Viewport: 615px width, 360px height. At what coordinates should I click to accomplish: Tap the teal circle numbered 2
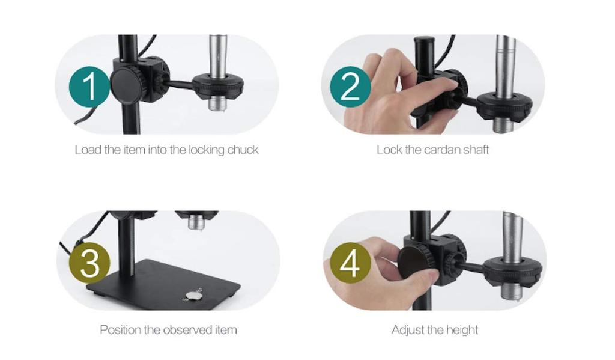(x=350, y=87)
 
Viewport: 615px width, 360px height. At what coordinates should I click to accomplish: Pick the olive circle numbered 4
(x=350, y=263)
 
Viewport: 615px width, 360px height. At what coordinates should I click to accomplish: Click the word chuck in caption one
(x=243, y=150)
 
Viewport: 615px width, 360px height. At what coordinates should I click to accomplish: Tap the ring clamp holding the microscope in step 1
(x=217, y=85)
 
